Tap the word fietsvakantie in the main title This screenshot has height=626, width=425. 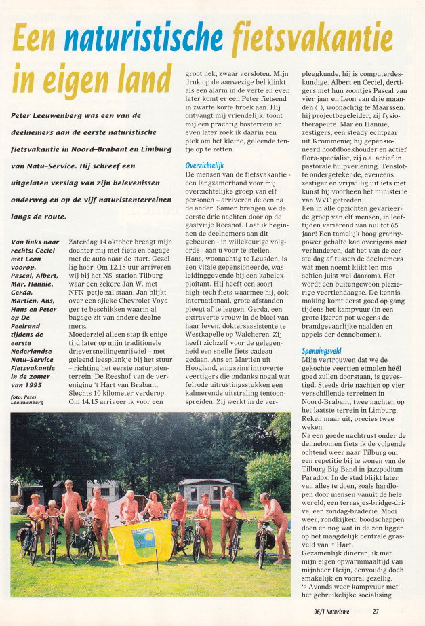click(x=312, y=39)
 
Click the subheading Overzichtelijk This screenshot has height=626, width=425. click(x=205, y=165)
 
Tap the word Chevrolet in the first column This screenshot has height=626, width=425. click(x=140, y=306)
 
